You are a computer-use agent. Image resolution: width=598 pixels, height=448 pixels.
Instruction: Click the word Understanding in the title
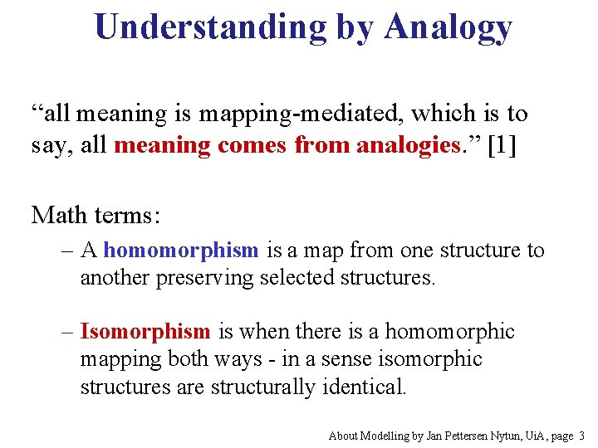(x=211, y=27)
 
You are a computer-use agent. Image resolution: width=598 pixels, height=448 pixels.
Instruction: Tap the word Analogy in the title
(x=448, y=27)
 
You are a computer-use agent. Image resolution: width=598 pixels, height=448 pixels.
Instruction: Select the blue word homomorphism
(x=182, y=250)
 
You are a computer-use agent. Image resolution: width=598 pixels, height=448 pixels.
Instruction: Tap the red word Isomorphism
(x=145, y=332)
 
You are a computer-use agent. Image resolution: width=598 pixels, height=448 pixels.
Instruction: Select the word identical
(x=362, y=387)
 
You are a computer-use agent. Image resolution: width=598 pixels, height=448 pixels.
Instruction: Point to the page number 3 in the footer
(x=581, y=436)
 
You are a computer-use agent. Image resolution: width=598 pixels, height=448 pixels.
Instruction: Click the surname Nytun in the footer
(x=488, y=436)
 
